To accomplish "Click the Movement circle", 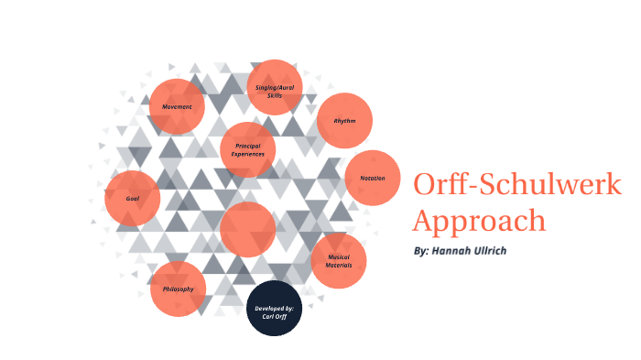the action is (177, 106).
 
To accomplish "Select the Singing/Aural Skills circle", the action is (276, 88).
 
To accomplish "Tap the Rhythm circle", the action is (344, 121).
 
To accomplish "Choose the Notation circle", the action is (373, 178).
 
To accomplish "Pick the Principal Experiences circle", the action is (248, 149).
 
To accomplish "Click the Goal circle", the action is (133, 199).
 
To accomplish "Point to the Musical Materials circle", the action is (339, 261).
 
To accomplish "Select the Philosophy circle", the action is (179, 289).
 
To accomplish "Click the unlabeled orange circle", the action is (248, 229).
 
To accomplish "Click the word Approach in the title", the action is (479, 221).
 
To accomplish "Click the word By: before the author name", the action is (420, 250).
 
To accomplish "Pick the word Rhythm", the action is (344, 121).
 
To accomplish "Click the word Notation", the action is (373, 178).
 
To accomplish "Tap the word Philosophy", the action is (179, 289).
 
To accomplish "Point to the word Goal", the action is (133, 199).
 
